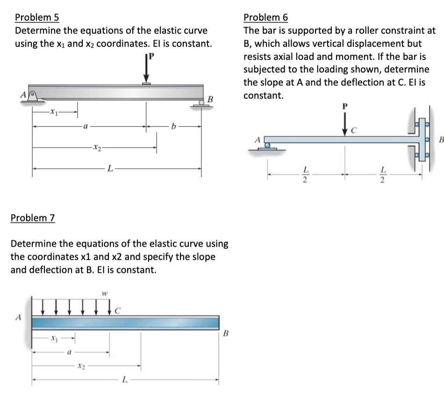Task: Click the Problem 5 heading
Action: pos(37,18)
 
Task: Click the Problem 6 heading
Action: pos(265,18)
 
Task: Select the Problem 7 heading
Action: pos(33,218)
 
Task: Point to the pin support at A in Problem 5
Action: pos(33,97)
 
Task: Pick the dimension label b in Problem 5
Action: pos(173,126)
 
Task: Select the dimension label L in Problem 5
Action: pos(110,169)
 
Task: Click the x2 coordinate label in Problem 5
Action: pos(97,148)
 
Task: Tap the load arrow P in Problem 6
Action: pos(344,124)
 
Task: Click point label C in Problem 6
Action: pos(354,130)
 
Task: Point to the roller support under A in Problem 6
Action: pos(267,147)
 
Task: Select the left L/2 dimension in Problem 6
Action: pos(305,175)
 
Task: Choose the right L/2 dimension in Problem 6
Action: pos(383,175)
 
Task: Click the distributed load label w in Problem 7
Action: pos(105,294)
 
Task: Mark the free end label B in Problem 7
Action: pos(226,333)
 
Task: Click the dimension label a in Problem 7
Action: pos(69,352)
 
